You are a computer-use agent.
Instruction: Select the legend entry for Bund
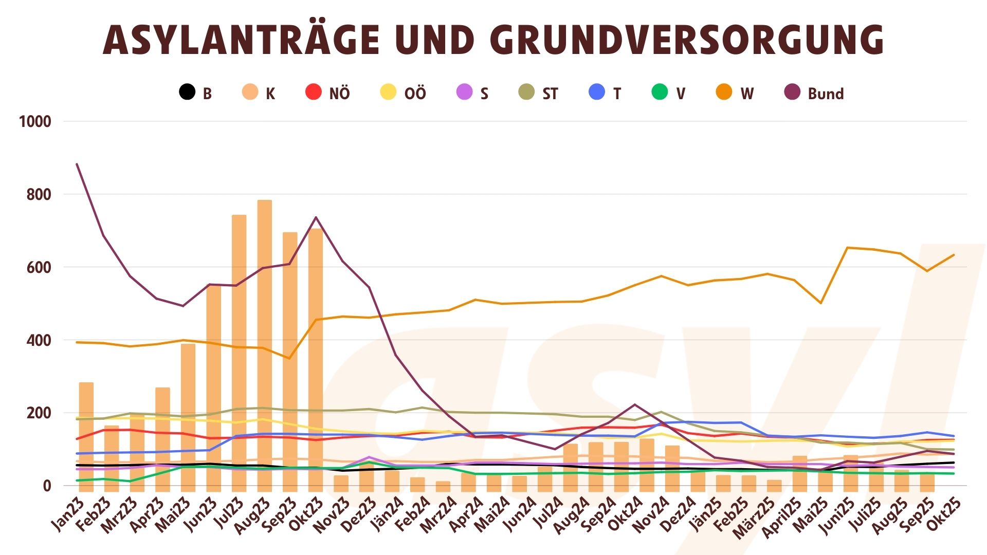coord(815,93)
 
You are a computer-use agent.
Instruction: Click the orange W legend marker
coord(724,92)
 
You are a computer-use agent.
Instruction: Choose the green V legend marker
coord(660,92)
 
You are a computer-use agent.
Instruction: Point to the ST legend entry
coord(539,93)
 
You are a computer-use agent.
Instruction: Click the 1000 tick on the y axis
coord(35,122)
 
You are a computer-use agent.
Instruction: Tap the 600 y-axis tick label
coord(39,267)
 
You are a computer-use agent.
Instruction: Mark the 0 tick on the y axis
coord(47,486)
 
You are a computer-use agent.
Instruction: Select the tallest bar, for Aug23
coord(265,344)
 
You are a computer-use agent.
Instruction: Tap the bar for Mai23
coord(188,416)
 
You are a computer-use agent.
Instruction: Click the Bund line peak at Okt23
coord(316,217)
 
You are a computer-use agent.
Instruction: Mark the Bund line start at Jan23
coord(77,164)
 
